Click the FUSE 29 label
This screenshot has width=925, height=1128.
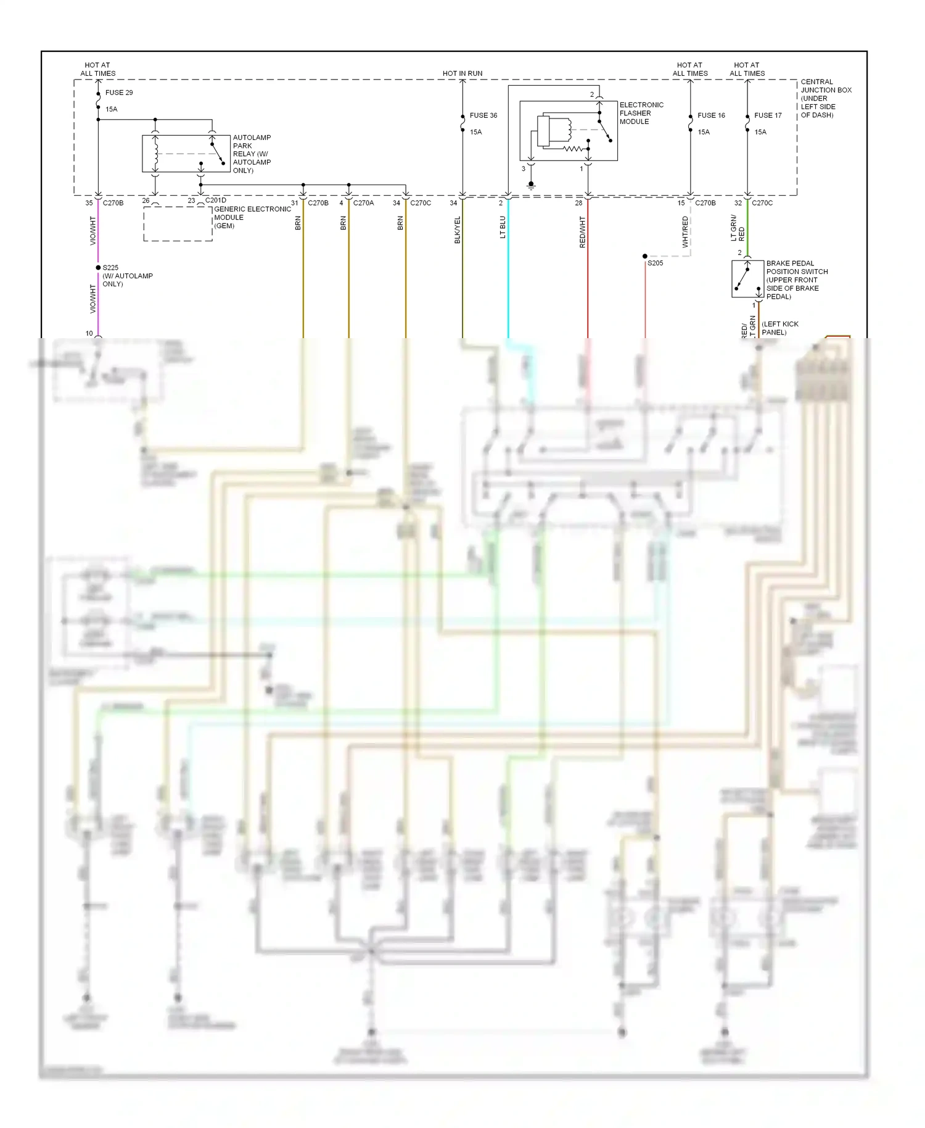pos(118,93)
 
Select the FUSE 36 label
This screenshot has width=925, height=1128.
pos(483,115)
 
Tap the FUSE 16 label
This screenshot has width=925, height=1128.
pos(711,115)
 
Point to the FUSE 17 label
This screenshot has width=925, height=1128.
pos(768,115)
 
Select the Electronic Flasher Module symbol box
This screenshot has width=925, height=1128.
pos(568,131)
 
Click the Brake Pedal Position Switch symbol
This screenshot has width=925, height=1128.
pos(747,280)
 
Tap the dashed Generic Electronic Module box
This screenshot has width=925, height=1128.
pos(178,223)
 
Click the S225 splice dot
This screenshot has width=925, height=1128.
pos(98,268)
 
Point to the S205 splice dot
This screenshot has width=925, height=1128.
pos(645,256)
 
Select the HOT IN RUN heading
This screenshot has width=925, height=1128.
pos(462,73)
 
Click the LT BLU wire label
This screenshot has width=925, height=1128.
pos(503,227)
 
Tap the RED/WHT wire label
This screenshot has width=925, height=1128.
pos(582,232)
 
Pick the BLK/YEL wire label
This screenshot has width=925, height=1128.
pos(457,230)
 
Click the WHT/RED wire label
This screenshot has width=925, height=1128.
pos(685,231)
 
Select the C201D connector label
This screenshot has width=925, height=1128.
pos(215,201)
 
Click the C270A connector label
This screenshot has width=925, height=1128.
pos(363,203)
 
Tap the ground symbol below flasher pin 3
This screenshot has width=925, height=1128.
pos(531,185)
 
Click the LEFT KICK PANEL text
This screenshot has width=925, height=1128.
pos(779,328)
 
